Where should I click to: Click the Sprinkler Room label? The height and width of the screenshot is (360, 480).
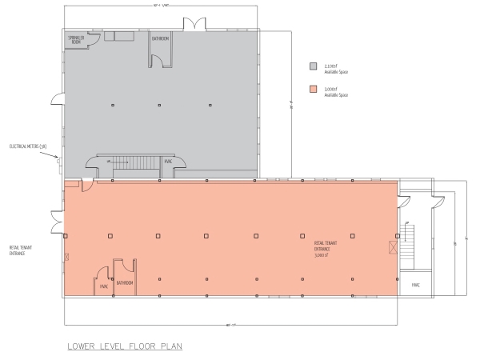coord(75,40)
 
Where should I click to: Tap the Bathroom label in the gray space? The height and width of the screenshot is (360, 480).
coord(160,38)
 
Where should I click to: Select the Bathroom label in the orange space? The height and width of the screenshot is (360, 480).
coord(125,283)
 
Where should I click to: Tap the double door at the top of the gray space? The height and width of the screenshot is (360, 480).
coord(194,25)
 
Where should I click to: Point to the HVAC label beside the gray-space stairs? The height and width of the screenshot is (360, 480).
coord(168,162)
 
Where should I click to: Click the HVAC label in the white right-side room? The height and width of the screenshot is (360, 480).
coord(415,283)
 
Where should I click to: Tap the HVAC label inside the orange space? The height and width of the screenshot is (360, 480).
coord(103,285)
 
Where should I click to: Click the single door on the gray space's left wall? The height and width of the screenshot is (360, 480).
coord(57,99)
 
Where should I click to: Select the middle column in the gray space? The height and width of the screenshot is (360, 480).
coord(158,105)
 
